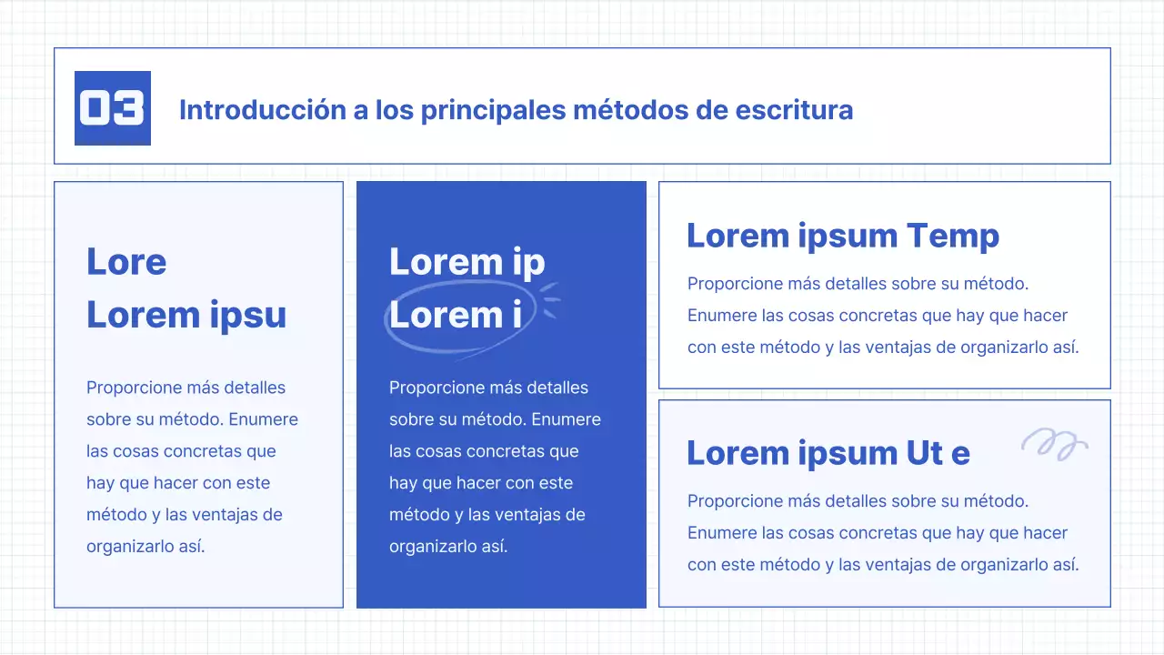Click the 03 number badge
tap(112, 108)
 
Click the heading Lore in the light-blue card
tap(126, 262)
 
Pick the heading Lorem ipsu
tap(186, 315)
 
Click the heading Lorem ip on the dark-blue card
tap(467, 262)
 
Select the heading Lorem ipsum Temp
tap(842, 236)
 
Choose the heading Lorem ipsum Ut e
tap(828, 453)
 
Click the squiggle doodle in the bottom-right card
tap(1054, 443)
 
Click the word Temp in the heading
tap(953, 237)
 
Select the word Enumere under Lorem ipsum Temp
tap(719, 316)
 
